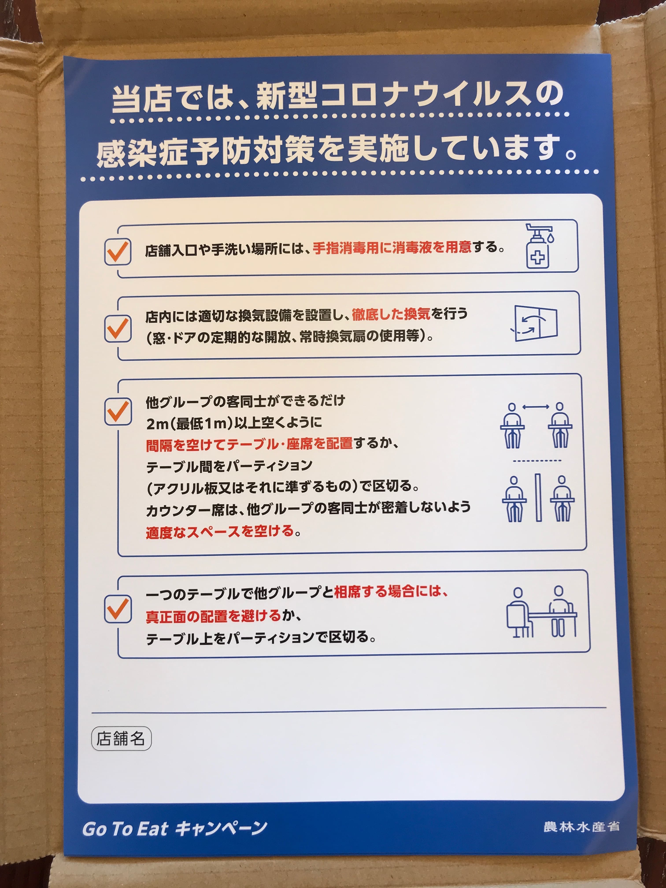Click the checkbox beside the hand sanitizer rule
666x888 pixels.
[x=118, y=252]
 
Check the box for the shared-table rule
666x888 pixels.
[x=118, y=609]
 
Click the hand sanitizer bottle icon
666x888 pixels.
[x=539, y=246]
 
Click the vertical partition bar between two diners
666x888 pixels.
[x=538, y=497]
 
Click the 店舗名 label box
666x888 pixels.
[x=121, y=738]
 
